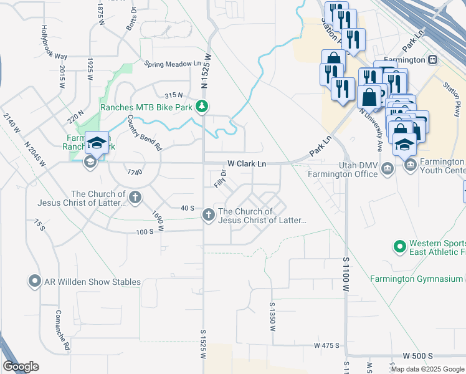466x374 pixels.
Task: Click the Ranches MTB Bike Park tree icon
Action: click(201, 107)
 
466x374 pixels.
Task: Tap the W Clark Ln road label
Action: click(247, 163)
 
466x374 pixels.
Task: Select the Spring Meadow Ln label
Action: click(173, 64)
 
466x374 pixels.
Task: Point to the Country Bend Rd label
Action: click(144, 133)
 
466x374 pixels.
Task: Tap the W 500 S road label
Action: click(417, 355)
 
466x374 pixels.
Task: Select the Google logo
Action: click(21, 367)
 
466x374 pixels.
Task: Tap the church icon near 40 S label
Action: click(208, 215)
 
